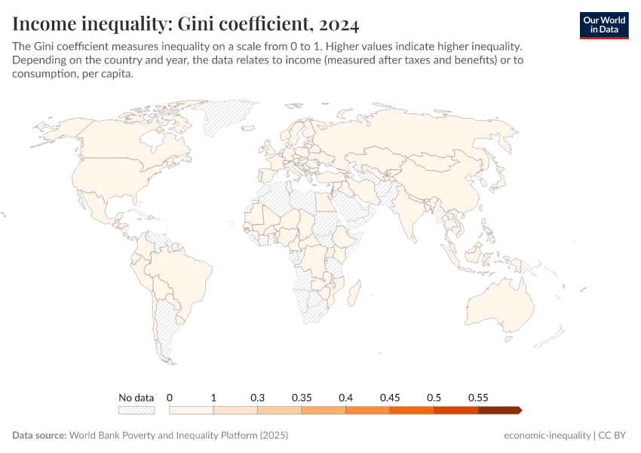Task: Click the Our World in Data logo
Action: point(603,25)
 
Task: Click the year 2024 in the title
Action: point(337,24)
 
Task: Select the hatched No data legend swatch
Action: point(136,410)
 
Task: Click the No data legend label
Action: point(136,397)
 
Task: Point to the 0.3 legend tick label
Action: point(257,397)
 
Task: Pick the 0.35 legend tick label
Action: point(302,397)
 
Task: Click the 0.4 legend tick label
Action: point(345,397)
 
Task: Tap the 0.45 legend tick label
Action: point(390,397)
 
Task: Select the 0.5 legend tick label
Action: point(434,397)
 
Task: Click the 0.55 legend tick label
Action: point(478,397)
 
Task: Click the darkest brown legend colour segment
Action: point(499,410)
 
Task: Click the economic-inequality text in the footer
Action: point(547,436)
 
